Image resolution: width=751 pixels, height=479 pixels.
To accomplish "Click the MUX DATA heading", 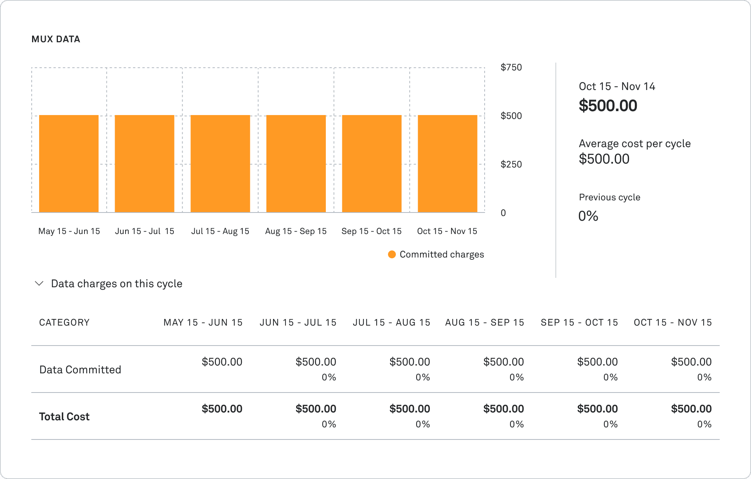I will coord(56,39).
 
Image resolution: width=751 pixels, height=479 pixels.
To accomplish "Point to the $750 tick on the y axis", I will coord(511,67).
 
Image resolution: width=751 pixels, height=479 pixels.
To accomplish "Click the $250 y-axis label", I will coord(511,164).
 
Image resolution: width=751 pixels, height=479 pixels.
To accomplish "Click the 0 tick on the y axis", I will coord(503,213).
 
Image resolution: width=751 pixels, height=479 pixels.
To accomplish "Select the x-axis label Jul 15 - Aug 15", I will coord(220,231).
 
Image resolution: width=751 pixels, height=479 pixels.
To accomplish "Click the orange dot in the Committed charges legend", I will coord(392,254).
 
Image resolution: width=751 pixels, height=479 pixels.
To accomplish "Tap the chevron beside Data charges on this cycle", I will coord(39,283).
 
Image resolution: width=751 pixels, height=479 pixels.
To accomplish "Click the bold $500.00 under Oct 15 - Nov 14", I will coord(608,106).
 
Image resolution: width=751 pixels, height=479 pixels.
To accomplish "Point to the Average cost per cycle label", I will coord(634,144).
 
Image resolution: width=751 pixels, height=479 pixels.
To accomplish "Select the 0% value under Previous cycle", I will coord(588,216).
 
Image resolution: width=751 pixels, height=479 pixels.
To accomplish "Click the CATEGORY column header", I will coord(65,322).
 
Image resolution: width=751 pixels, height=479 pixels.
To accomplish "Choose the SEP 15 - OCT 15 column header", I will coord(579,322).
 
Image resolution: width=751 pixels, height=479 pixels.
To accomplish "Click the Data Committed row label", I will coord(80,369).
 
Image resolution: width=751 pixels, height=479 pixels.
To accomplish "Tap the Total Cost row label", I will coord(65,416).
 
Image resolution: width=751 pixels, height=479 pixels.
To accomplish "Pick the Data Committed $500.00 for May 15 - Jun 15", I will coord(222,362).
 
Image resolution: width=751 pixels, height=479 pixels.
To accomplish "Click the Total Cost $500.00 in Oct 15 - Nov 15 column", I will coord(691,409).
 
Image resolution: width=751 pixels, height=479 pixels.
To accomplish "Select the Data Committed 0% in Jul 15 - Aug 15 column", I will coord(422,377).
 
